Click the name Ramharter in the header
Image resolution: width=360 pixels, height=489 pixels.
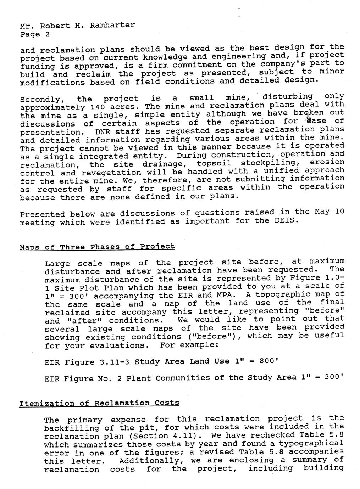pos(112,26)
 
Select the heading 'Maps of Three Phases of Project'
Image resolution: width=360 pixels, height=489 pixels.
pos(97,247)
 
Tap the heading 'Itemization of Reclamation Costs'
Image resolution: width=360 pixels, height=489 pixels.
pos(99,403)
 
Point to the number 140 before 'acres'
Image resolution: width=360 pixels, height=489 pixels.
pos(98,107)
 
